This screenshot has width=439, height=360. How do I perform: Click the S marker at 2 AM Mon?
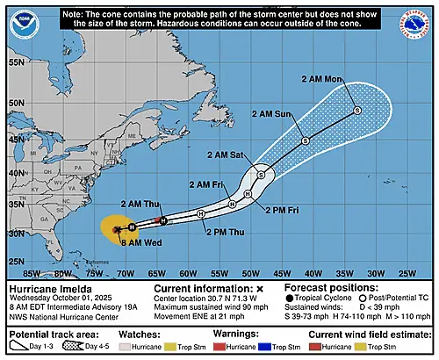tap(357, 110)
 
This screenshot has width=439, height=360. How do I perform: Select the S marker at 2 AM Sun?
tap(305, 140)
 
